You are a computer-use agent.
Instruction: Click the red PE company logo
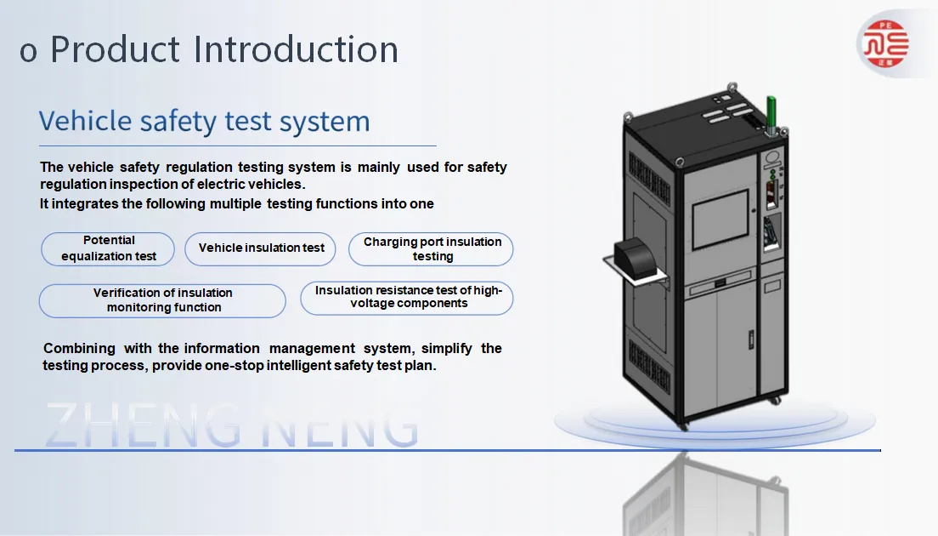point(885,43)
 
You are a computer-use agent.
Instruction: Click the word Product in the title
point(115,48)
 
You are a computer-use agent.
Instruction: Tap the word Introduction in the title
point(296,48)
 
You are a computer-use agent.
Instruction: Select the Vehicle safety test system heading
point(205,122)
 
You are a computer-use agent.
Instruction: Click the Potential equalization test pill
point(108,248)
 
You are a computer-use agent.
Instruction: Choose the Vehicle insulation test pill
point(260,248)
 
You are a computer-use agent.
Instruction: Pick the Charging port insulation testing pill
point(431,249)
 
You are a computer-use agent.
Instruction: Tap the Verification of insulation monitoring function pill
point(162,300)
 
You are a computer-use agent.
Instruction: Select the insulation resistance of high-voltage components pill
point(407,298)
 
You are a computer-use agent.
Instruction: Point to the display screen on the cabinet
point(720,219)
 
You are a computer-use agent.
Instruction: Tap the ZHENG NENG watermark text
point(232,425)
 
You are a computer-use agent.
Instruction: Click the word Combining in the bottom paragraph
point(80,349)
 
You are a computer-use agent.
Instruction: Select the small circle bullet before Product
point(28,53)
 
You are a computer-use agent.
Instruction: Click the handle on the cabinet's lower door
point(751,340)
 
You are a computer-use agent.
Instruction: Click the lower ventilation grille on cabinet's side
point(649,365)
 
